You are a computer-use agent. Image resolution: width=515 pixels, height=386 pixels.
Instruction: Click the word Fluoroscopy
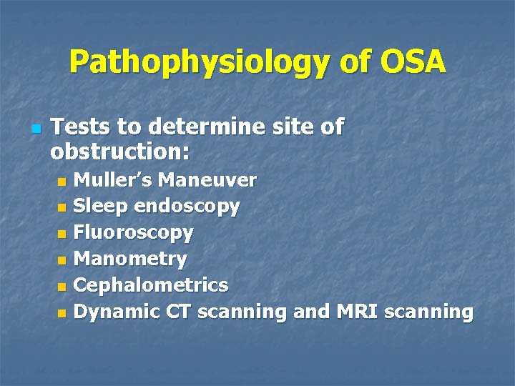click(x=134, y=233)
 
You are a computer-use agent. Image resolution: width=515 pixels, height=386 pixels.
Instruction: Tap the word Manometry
click(x=130, y=259)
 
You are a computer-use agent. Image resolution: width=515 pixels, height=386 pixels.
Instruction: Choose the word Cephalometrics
click(x=151, y=285)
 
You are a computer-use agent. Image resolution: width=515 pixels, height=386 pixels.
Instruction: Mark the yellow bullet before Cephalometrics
click(x=62, y=287)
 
